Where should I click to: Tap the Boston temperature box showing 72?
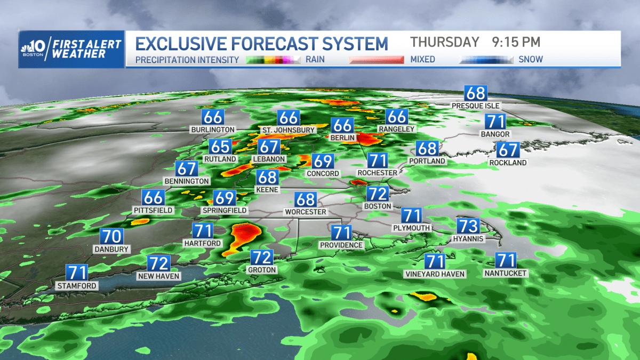pyautogui.click(x=378, y=194)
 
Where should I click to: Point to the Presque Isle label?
pyautogui.click(x=476, y=106)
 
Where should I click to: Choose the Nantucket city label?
pyautogui.click(x=505, y=274)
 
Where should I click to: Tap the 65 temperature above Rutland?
pyautogui.click(x=220, y=147)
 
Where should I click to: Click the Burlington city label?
pyautogui.click(x=212, y=130)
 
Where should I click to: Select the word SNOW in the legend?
pyautogui.click(x=531, y=60)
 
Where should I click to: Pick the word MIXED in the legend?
pyautogui.click(x=422, y=60)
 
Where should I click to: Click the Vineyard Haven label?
pyautogui.click(x=435, y=274)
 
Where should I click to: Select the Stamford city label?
pyautogui.click(x=77, y=286)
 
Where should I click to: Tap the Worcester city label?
pyautogui.click(x=305, y=212)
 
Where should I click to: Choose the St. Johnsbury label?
pyautogui.click(x=289, y=130)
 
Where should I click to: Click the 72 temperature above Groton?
pyautogui.click(x=261, y=258)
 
